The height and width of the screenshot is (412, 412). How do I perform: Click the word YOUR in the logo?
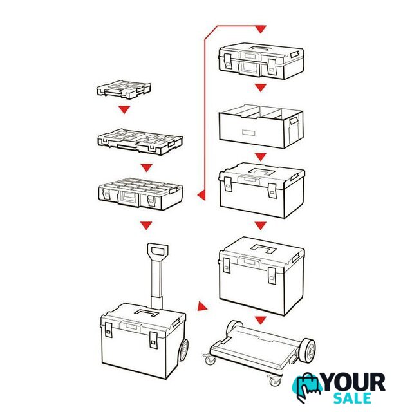point(354,382)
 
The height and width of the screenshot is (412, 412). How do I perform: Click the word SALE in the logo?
point(352,398)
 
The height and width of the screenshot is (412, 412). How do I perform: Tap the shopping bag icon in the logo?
point(308,387)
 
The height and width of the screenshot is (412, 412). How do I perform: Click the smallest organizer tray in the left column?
point(124,89)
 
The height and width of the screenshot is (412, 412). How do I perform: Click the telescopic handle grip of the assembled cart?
point(158,250)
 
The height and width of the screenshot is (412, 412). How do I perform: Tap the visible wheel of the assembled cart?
point(183,350)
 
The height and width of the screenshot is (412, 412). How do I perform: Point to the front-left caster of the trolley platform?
point(210,359)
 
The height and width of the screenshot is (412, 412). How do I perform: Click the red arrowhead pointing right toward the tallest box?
point(202,306)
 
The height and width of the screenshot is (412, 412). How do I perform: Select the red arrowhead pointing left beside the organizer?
point(201,195)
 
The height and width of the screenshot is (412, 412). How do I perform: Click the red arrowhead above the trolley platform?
point(260,321)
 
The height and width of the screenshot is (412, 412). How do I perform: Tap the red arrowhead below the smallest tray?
point(124,109)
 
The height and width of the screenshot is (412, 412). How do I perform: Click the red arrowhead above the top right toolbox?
point(260,29)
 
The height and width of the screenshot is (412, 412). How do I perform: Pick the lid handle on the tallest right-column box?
point(263,248)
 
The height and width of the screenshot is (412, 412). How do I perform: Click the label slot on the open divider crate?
point(248,133)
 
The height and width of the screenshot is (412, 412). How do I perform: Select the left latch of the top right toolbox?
point(228,61)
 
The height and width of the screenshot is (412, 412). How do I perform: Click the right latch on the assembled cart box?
point(153,340)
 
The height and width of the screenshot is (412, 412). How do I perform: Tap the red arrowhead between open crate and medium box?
point(260,157)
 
